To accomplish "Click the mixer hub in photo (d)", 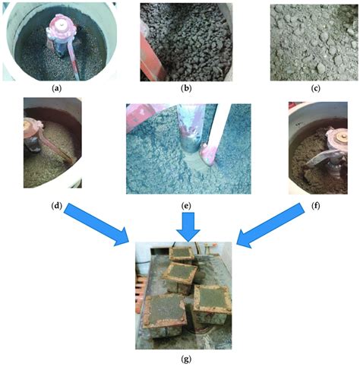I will click(x=32, y=134).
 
